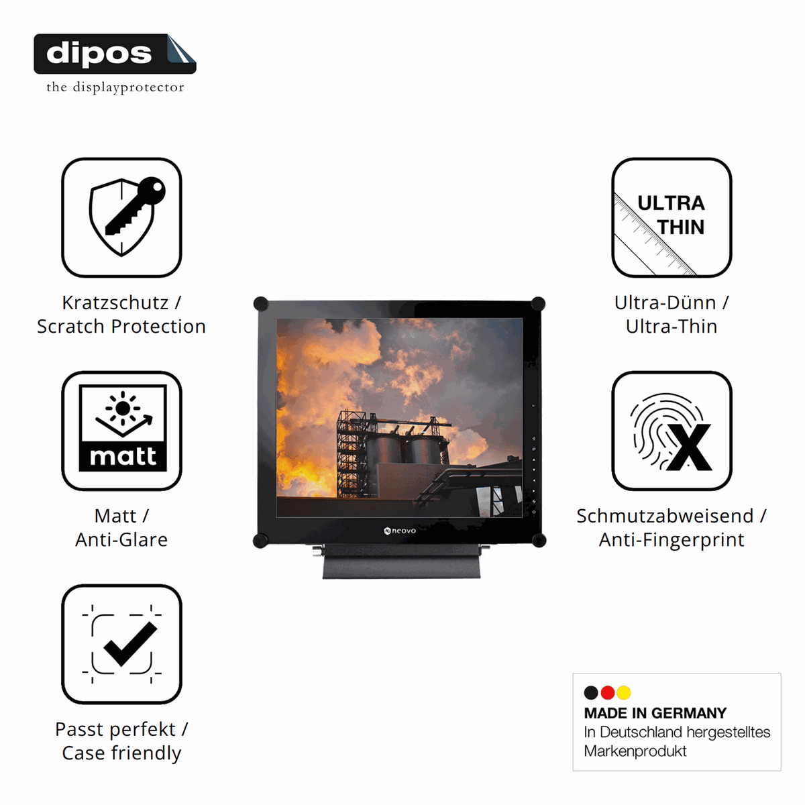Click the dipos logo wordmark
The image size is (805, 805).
(99, 54)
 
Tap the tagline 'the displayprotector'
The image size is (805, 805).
(115, 87)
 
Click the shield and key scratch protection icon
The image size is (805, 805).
(121, 217)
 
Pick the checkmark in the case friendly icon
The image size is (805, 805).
(130, 644)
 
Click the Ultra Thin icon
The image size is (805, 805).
(672, 217)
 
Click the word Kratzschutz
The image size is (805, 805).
(115, 303)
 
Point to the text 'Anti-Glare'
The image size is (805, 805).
(121, 540)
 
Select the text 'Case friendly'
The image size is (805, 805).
(121, 753)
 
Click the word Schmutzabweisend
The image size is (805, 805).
(665, 516)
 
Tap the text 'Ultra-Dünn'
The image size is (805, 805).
(665, 303)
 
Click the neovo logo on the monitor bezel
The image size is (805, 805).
(400, 531)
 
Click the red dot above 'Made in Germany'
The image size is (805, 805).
(607, 692)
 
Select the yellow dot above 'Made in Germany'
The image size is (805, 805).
(624, 692)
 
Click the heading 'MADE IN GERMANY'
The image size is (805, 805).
(655, 713)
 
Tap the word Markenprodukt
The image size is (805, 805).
(635, 751)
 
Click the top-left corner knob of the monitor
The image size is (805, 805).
(261, 304)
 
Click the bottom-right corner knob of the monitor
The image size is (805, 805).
(539, 540)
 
